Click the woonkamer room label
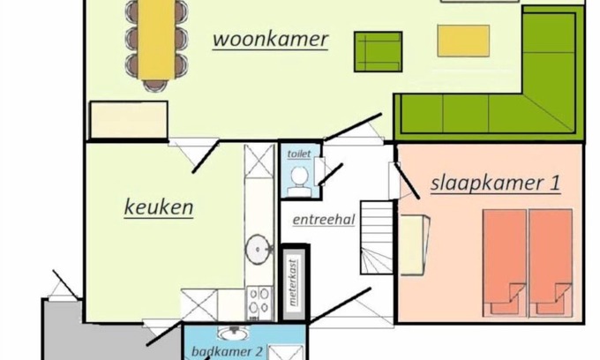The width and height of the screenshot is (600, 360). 271,40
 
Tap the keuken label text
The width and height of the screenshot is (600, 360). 159,207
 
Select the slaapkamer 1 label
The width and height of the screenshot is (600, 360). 496,183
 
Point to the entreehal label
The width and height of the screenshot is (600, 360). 324,220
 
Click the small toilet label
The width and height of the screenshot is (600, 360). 299,154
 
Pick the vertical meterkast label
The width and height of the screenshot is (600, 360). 293,282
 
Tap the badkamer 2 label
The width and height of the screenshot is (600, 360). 228,351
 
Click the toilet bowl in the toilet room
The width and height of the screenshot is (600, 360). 299,181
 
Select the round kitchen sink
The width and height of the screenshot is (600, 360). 259,250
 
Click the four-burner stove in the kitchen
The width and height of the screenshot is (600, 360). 259,303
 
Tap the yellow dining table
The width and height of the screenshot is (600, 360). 156,40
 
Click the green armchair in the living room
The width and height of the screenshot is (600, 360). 378,52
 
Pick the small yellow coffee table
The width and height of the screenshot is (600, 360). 463,41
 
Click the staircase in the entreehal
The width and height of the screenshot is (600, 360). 377,237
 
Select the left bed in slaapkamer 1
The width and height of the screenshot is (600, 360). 505,263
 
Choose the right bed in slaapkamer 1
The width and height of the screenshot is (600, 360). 551,263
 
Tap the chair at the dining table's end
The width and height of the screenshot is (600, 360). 155,85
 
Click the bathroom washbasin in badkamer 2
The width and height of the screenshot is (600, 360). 233,333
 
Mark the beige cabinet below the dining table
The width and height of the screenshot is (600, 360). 129,120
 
